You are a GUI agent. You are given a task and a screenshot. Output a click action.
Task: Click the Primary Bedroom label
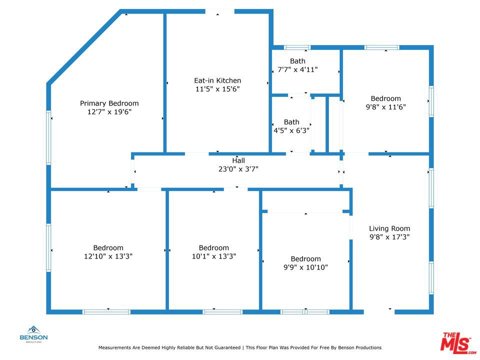pos(109,103)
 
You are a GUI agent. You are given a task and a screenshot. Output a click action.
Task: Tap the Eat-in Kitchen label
pos(217,80)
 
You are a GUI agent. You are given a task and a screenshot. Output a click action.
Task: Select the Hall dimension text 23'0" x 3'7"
pos(238,169)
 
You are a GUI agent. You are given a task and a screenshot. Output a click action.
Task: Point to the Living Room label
pos(389,228)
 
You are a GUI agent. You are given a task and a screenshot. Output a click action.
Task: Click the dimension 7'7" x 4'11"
pos(297,69)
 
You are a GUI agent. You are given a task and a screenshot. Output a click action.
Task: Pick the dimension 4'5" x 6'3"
pos(291,130)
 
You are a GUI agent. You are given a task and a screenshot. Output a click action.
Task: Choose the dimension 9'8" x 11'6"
pos(385,107)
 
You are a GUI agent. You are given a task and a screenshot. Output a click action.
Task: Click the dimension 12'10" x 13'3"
pos(108,256)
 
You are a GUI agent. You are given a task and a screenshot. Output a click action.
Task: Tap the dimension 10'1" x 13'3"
pos(213,256)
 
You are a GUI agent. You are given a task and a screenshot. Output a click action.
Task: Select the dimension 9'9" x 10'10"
pos(305,267)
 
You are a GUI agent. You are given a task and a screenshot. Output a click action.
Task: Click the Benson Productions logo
pos(33,333)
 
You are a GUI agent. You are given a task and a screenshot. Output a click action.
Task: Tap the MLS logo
pos(457,342)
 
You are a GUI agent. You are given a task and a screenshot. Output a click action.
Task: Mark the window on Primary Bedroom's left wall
pos(49,137)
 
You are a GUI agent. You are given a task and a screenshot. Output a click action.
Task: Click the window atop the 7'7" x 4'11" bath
pos(297,47)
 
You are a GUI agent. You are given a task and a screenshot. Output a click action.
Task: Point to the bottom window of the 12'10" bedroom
pos(106,312)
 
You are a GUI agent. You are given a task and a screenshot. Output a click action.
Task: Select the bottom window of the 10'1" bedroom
pos(222,312)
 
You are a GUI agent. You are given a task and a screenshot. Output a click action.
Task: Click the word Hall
pos(238,160)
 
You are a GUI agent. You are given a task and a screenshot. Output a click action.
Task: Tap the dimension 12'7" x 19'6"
pos(109,112)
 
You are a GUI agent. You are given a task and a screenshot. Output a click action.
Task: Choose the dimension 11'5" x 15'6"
pos(217,89)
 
